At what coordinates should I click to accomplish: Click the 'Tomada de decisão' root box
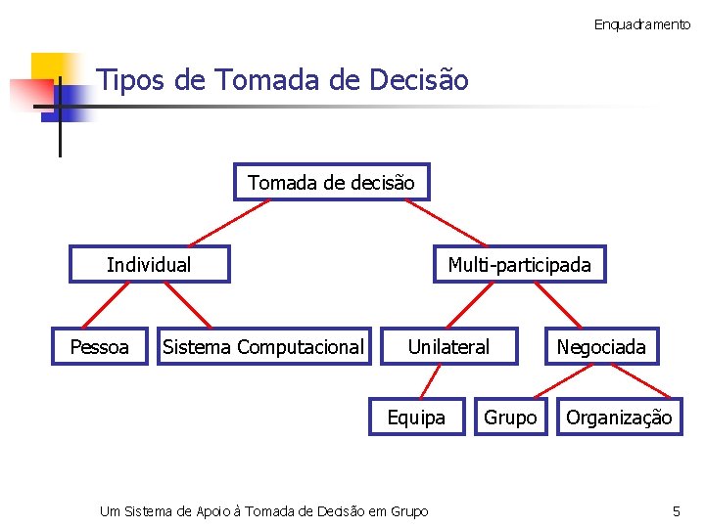(331, 183)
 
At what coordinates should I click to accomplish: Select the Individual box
(149, 265)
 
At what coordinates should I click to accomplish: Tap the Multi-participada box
(519, 265)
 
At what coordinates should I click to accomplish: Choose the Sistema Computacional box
(263, 347)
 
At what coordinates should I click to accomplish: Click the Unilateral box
(448, 347)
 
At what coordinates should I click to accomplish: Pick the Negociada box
(601, 347)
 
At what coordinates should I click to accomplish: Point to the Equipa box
(416, 418)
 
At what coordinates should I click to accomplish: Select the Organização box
(619, 418)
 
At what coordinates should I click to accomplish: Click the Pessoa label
(100, 347)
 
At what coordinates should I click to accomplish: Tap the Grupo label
(510, 418)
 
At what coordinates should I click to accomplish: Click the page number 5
(676, 511)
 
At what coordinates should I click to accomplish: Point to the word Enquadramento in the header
(641, 24)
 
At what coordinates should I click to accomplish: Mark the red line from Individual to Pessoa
(93, 304)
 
